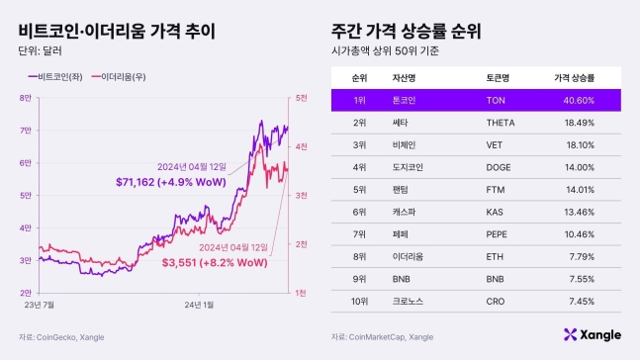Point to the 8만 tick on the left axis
pos(26,97)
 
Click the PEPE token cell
pos(496,235)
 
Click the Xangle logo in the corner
pos(592,335)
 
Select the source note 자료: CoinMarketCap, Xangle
pos(383,336)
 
